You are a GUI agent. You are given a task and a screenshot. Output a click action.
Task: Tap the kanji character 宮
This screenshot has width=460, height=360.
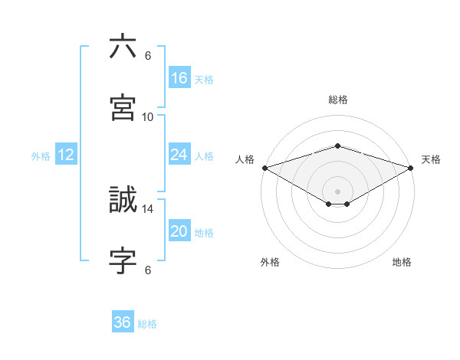coord(123,106)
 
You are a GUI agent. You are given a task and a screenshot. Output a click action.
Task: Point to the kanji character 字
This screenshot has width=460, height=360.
coord(123,260)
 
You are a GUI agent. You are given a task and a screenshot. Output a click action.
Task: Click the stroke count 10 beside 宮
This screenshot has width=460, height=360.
coord(148,116)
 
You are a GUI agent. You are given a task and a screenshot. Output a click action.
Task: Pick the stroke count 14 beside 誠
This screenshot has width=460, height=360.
coord(148,208)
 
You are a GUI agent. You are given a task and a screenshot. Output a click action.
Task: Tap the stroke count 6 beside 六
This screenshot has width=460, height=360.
coord(148,56)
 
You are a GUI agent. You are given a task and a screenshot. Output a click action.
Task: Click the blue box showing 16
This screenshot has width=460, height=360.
coord(179,78)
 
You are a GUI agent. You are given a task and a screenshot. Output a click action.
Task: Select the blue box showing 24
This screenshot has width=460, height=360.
coord(179,155)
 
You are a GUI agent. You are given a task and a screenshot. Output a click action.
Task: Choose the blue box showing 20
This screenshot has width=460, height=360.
coord(179,232)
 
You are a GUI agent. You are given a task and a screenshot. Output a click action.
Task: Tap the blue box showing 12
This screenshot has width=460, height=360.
coord(66,155)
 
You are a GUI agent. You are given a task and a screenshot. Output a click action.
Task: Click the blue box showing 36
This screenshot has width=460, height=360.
coord(122,322)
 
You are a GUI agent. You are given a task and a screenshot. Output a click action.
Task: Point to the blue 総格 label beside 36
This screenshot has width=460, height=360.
coord(147,324)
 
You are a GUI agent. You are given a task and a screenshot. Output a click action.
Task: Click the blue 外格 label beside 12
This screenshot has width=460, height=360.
coord(41,156)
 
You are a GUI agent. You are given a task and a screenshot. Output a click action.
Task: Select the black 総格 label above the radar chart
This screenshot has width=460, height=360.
coord(337,100)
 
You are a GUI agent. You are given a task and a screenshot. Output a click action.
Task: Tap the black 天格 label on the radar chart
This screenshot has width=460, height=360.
coord(431,159)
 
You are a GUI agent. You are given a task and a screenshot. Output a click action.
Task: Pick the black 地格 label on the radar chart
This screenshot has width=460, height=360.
coord(402,262)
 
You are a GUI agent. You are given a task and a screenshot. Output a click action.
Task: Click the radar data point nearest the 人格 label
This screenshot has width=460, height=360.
coord(264,168)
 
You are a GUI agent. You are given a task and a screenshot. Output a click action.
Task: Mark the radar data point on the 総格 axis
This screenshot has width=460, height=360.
coord(337,146)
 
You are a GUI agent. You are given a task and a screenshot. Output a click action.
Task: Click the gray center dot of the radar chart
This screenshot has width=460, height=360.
coord(337,191)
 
